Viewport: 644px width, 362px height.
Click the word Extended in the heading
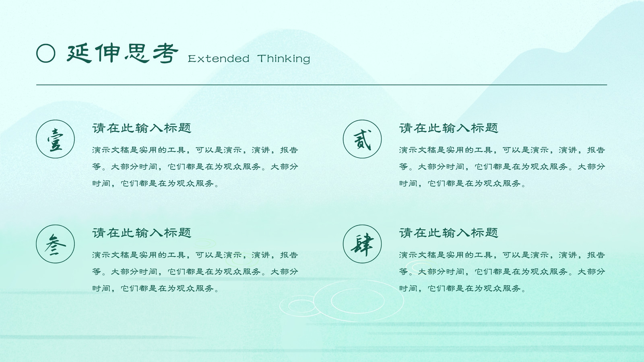[219, 59]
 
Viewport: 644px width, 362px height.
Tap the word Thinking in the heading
[283, 59]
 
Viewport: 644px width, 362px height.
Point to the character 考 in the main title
[165, 53]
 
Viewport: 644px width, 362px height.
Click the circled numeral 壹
[55, 139]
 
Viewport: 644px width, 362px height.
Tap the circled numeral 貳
[362, 139]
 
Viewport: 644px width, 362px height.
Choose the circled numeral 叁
[55, 244]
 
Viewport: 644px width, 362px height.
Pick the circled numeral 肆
[362, 244]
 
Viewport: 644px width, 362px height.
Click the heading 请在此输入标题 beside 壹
[142, 128]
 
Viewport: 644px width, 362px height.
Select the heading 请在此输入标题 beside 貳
[448, 128]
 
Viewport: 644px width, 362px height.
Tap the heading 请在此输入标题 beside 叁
[142, 233]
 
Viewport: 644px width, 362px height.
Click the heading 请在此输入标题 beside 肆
[448, 233]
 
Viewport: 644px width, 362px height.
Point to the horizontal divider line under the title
[322, 85]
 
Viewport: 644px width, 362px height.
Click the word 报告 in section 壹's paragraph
[289, 150]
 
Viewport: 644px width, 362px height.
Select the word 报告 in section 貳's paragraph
[596, 150]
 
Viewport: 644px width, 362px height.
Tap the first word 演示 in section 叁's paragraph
[101, 255]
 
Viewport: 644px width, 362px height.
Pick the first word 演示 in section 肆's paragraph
[408, 255]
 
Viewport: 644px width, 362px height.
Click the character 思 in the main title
[137, 53]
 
